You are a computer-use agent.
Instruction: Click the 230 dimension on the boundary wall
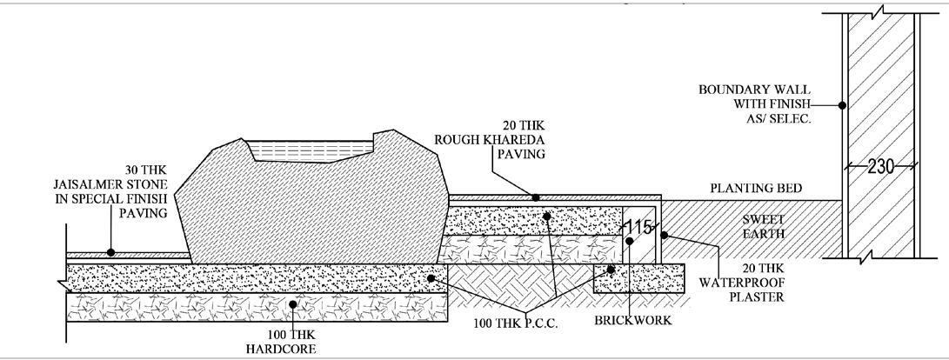(882, 167)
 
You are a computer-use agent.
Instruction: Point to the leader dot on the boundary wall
(842, 105)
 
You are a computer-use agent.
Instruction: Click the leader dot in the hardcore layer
(293, 304)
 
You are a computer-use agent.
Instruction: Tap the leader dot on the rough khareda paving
(536, 197)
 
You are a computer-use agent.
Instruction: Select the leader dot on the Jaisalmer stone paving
(110, 252)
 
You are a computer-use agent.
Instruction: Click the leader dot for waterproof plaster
(663, 235)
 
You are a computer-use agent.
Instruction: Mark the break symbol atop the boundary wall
(880, 11)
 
